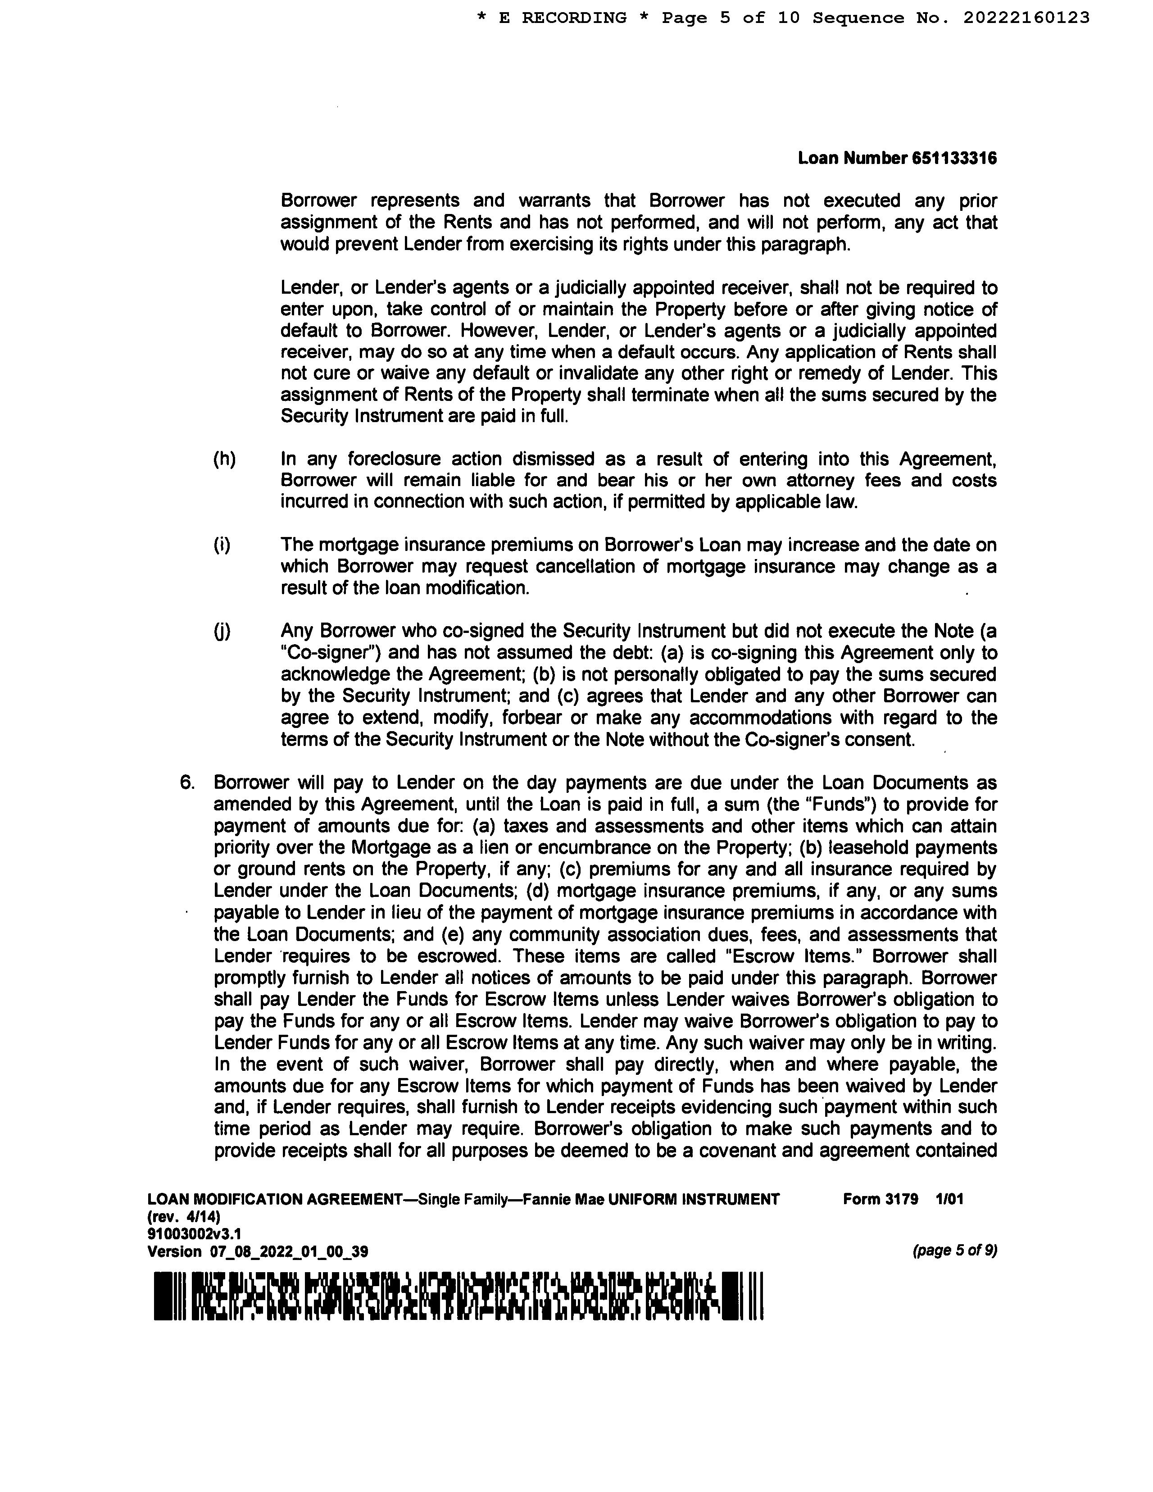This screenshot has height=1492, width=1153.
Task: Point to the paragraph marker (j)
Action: [x=222, y=631]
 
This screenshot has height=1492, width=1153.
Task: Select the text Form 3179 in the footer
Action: [x=881, y=1199]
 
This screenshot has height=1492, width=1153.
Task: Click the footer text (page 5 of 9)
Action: [x=954, y=1251]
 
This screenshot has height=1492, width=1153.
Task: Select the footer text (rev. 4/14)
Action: [x=184, y=1217]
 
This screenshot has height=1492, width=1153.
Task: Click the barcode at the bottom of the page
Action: [x=458, y=1296]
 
